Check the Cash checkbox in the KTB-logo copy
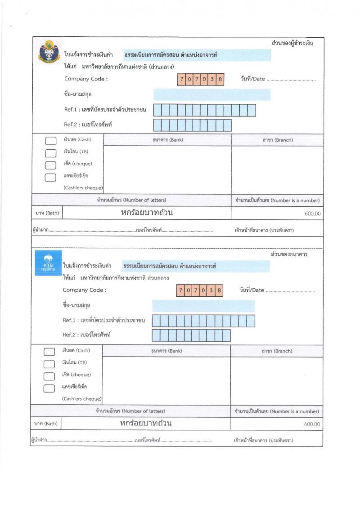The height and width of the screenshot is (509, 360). (x=49, y=352)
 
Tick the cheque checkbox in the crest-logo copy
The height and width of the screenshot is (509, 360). (x=50, y=165)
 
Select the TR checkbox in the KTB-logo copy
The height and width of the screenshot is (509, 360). (x=49, y=364)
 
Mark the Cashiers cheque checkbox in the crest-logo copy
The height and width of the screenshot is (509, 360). (x=50, y=177)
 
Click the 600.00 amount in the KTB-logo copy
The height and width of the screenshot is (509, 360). (x=312, y=424)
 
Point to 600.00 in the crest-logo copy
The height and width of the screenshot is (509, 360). (x=312, y=214)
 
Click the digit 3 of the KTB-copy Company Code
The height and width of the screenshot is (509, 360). (x=211, y=290)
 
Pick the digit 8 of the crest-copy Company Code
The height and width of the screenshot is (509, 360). (x=220, y=79)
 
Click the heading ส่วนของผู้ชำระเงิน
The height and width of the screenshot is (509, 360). (x=292, y=43)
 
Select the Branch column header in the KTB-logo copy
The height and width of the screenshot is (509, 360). (x=276, y=351)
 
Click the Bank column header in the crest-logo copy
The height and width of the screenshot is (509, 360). (x=167, y=140)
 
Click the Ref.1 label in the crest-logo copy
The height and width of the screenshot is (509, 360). (x=106, y=110)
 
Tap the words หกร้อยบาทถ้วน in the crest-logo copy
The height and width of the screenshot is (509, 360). (x=147, y=213)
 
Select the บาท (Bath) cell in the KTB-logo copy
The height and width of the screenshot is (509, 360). (x=45, y=424)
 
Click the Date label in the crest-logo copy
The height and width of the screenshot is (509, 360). (x=253, y=79)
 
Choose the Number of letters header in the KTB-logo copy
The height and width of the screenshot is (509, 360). (x=130, y=411)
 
